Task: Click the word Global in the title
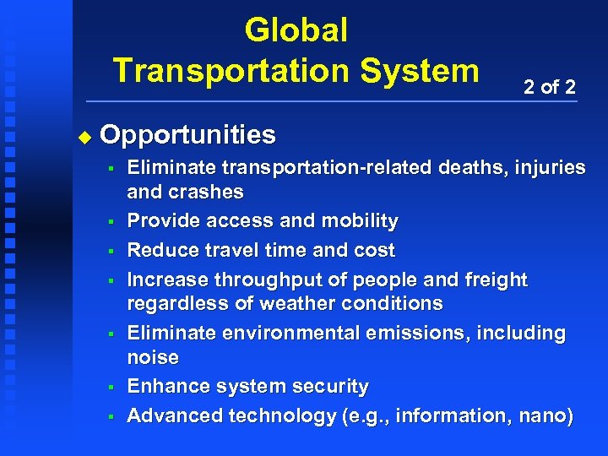tap(296, 30)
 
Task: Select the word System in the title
tap(421, 69)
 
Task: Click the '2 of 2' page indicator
tap(550, 87)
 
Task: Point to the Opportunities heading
tap(187, 134)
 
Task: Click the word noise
tap(153, 357)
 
